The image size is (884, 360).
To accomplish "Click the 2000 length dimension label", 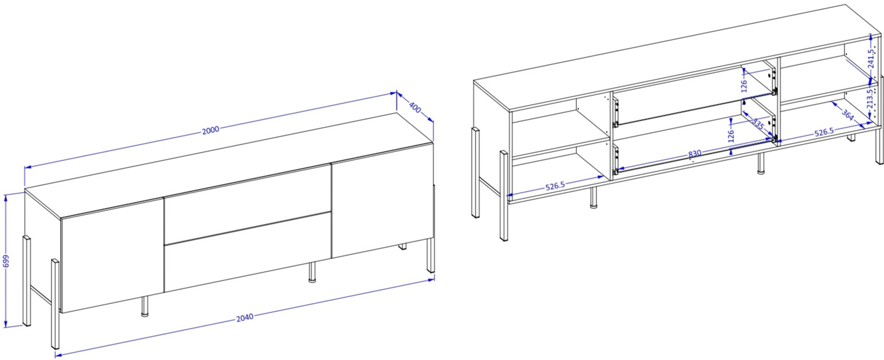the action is point(211,130).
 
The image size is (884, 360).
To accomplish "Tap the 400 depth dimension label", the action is point(415,108).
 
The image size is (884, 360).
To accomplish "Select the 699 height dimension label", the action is point(6,261).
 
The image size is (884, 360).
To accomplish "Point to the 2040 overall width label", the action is point(245,317).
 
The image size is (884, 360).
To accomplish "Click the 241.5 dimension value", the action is point(871,58).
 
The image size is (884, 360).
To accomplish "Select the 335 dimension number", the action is point(758,124).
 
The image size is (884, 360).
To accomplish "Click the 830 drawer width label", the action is point(694,153).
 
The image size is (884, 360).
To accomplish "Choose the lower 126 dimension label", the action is point(731,136).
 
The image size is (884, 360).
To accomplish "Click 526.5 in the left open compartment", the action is point(555,186).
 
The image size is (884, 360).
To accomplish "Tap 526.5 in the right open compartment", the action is point(824,132).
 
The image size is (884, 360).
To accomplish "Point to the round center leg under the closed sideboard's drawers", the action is point(312,272).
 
